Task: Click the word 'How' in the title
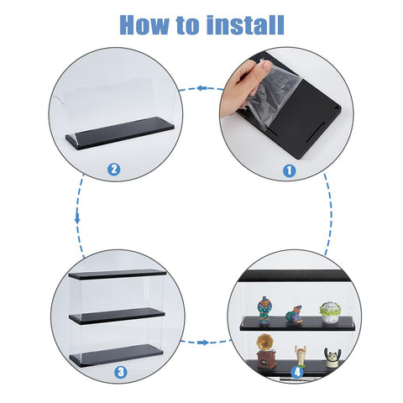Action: pyautogui.click(x=144, y=25)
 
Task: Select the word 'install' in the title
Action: pyautogui.click(x=245, y=24)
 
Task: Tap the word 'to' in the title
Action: pyautogui.click(x=188, y=26)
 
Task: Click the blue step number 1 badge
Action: pyautogui.click(x=289, y=170)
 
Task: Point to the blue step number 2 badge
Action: pyautogui.click(x=114, y=170)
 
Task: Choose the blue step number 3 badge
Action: pyautogui.click(x=121, y=372)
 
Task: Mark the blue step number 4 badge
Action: pyautogui.click(x=297, y=372)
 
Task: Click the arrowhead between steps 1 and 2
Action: pyautogui.click(x=201, y=88)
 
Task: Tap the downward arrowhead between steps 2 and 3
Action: pyautogui.click(x=77, y=219)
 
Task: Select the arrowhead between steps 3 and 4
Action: pyautogui.click(x=203, y=343)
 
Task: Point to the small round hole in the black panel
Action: pyautogui.click(x=335, y=109)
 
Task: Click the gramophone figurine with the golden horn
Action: pyautogui.click(x=265, y=351)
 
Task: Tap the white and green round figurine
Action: pyautogui.click(x=330, y=312)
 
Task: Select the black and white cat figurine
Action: pyautogui.click(x=332, y=358)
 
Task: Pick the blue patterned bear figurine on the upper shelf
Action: pyautogui.click(x=264, y=310)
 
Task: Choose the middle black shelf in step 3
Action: pyautogui.click(x=117, y=316)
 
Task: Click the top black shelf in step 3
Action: pyautogui.click(x=118, y=274)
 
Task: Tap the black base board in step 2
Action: pyautogui.click(x=120, y=133)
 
